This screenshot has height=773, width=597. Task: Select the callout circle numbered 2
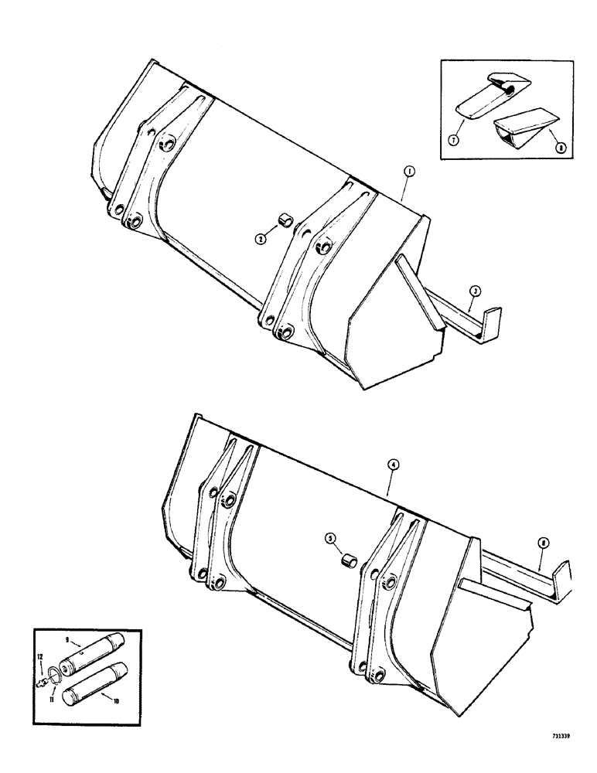tap(263, 240)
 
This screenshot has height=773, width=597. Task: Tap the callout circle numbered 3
tap(476, 290)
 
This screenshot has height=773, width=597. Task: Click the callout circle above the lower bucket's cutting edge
tap(544, 544)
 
